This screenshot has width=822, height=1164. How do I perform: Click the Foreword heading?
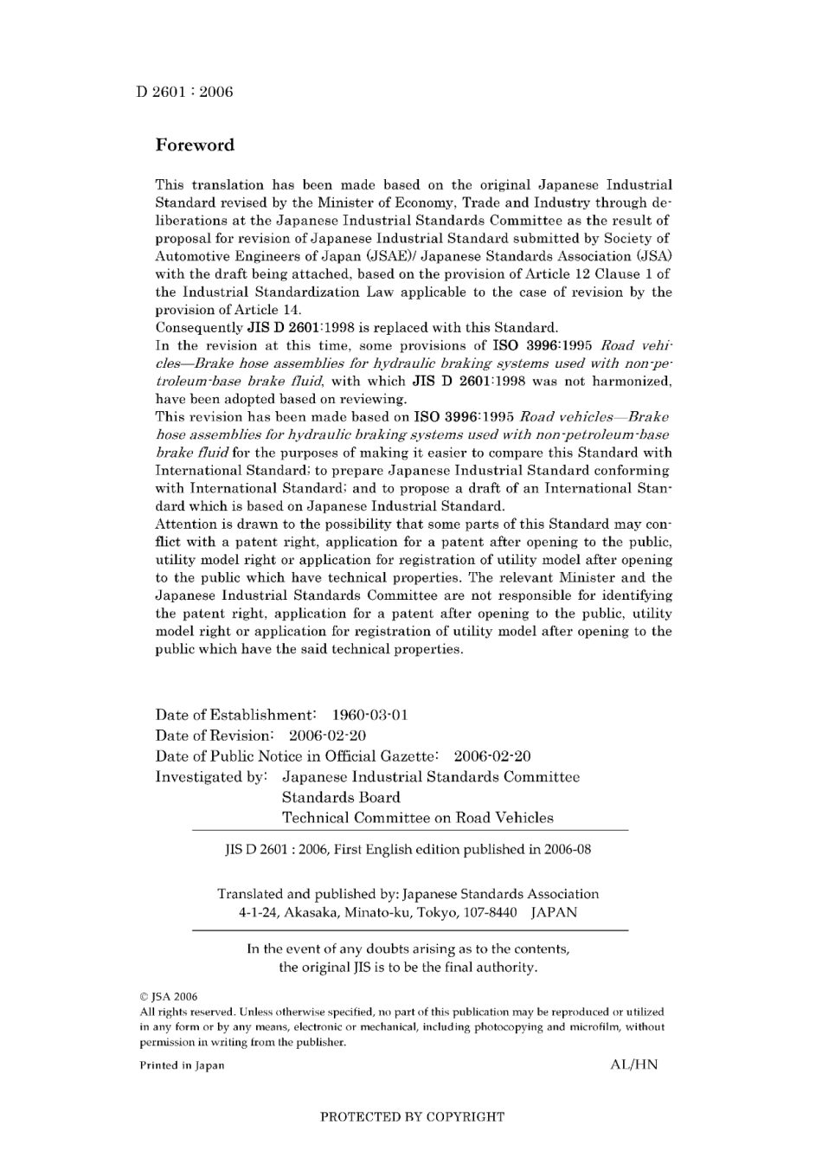(x=195, y=145)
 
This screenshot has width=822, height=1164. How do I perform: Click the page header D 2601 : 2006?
(x=184, y=92)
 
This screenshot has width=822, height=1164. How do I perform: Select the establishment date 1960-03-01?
(x=369, y=715)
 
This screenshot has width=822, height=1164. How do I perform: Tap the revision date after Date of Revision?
(x=327, y=736)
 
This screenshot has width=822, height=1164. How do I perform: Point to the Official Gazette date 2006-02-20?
(x=491, y=756)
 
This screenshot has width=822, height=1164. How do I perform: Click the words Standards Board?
(x=341, y=797)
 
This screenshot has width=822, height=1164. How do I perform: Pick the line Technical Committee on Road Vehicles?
(x=417, y=818)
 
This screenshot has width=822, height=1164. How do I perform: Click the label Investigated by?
(x=210, y=777)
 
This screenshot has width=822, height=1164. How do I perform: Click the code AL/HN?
(x=633, y=1065)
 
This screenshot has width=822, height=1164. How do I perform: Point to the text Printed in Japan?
(x=182, y=1065)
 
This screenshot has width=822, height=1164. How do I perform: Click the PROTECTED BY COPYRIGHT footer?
(x=412, y=1117)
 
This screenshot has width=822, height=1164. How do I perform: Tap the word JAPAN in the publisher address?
(x=554, y=912)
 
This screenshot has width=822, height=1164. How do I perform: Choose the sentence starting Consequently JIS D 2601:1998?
(x=356, y=328)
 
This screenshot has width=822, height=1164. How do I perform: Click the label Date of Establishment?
(x=235, y=715)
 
